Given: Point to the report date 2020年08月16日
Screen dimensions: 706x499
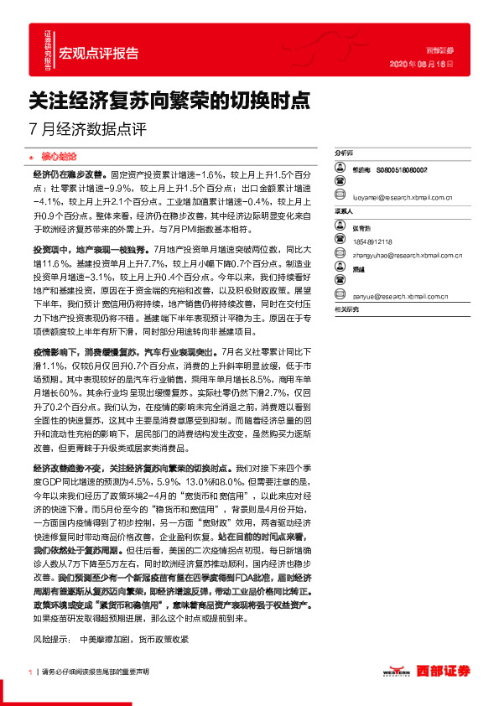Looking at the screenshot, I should tap(424, 63).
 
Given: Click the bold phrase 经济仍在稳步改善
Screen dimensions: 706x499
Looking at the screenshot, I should tap(68, 174).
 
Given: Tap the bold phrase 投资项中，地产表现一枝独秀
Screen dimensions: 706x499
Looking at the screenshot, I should tap(93, 250).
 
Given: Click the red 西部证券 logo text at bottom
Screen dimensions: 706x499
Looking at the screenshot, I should tap(444, 671).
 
